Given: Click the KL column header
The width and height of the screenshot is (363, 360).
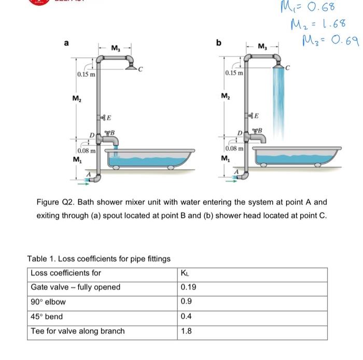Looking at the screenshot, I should coord(185,273).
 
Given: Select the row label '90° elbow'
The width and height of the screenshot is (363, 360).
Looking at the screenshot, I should coord(48,302).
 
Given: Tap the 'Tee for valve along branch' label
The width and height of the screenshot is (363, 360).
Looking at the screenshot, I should coord(78,331).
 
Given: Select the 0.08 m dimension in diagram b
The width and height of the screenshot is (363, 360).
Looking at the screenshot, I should coord(233,148).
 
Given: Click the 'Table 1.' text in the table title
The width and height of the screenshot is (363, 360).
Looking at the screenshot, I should coord(40,258).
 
